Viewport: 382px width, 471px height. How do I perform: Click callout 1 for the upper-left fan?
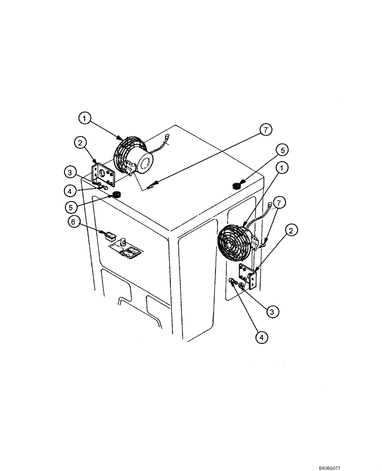click(x=85, y=119)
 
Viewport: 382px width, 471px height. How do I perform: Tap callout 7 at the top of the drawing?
click(x=266, y=130)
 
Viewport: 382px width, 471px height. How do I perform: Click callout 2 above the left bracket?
click(x=80, y=141)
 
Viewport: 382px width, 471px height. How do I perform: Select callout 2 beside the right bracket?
click(x=293, y=230)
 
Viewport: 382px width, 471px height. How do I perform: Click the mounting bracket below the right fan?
click(x=248, y=277)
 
